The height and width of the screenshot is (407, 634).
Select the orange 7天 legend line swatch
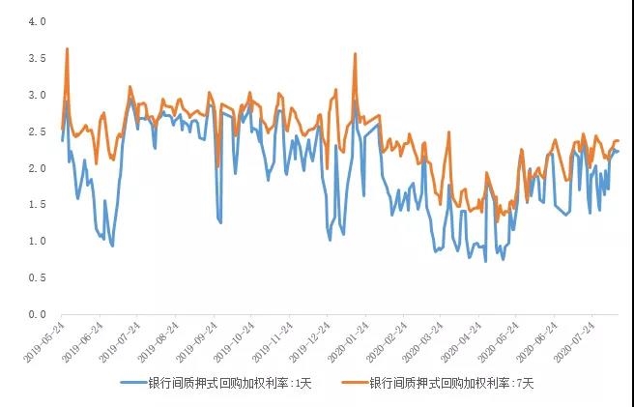[x=355, y=383]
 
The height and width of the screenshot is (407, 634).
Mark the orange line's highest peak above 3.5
[x=67, y=48]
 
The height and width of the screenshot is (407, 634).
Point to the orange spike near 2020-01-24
[x=356, y=54]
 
